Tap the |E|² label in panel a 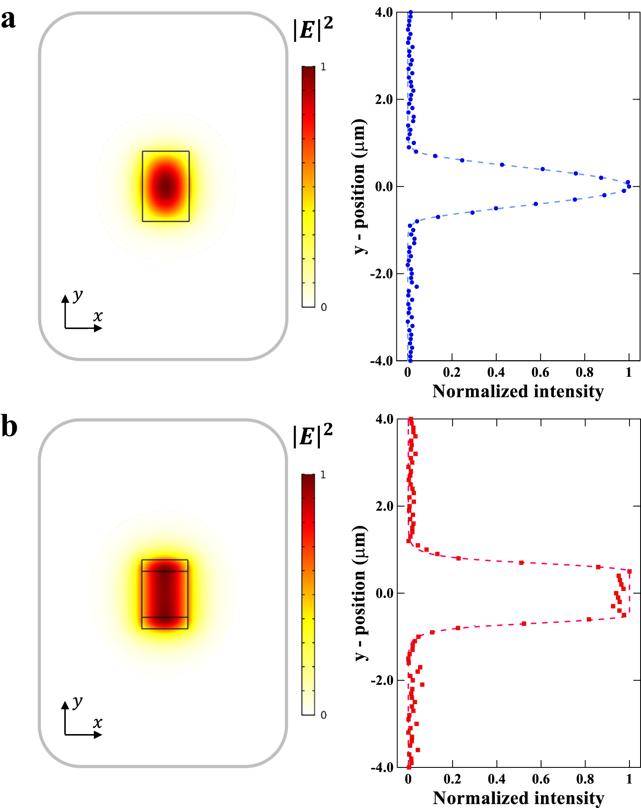[313, 29]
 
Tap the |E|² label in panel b [313, 435]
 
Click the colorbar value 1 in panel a [323, 67]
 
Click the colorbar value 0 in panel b [323, 715]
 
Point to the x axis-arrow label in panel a [98, 316]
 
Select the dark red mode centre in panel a [166, 186]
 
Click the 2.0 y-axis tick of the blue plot [383, 100]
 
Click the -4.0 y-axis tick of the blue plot [382, 361]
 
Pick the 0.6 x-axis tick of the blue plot [540, 373]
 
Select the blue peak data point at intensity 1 [629, 186]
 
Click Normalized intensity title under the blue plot [518, 391]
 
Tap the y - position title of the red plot [360, 593]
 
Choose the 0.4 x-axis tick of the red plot [497, 779]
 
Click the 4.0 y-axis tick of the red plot [384, 419]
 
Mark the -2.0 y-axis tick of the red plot [382, 680]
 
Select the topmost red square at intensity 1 [629, 571]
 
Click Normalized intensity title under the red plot [518, 798]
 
